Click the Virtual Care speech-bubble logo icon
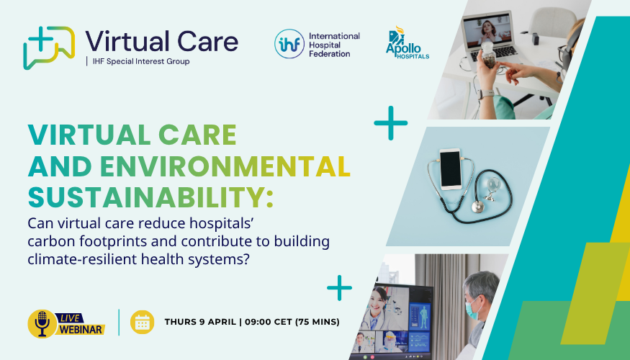click(x=48, y=48)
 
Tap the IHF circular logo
click(x=289, y=44)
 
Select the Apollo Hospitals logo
click(x=407, y=44)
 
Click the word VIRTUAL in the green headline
click(x=87, y=135)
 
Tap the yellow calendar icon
click(x=142, y=322)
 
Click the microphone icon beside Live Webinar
click(x=42, y=323)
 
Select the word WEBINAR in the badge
click(x=81, y=329)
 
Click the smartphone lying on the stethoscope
click(x=451, y=170)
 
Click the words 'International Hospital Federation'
click(x=335, y=44)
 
